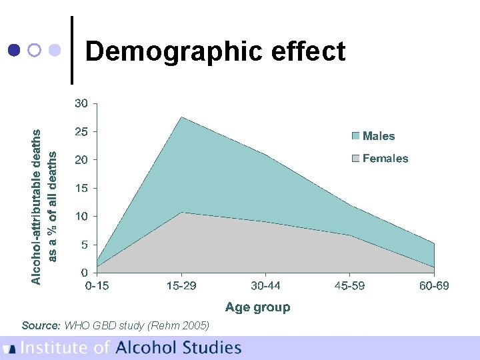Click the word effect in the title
pos(312,51)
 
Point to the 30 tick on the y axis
pos(81,103)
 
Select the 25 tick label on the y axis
pos(81,132)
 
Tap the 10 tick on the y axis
pos(81,217)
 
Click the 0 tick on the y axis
pos(84,273)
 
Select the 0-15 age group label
pos(97,286)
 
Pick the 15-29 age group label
pos(181,286)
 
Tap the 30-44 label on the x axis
pos(265,286)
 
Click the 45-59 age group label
pos(349,286)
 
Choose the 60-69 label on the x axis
pos(434,286)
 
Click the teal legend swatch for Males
pos(355,136)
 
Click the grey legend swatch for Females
pos(355,159)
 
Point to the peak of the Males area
pos(181,117)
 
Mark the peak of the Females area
pos(181,212)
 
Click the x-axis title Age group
pos(257,307)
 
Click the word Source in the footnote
pos(41,325)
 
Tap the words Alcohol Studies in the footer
pos(178,347)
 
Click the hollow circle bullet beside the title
pos(34,50)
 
